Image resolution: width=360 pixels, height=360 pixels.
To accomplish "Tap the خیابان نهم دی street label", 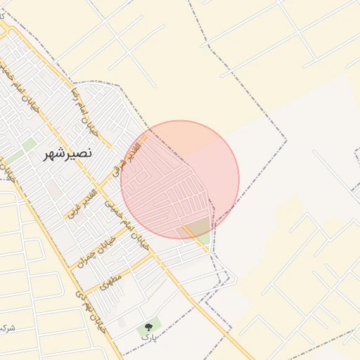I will (91, 311).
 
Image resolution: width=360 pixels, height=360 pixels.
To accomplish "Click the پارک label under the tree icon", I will (147, 338).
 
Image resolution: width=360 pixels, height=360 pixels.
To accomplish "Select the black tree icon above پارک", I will (148, 327).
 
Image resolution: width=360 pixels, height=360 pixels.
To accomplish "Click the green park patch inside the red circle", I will (199, 228).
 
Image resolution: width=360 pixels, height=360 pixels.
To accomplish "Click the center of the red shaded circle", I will (180, 180).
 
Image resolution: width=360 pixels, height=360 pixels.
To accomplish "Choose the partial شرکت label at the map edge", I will (7, 328).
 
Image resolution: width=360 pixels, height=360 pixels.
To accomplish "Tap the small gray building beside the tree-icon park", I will (122, 323).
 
